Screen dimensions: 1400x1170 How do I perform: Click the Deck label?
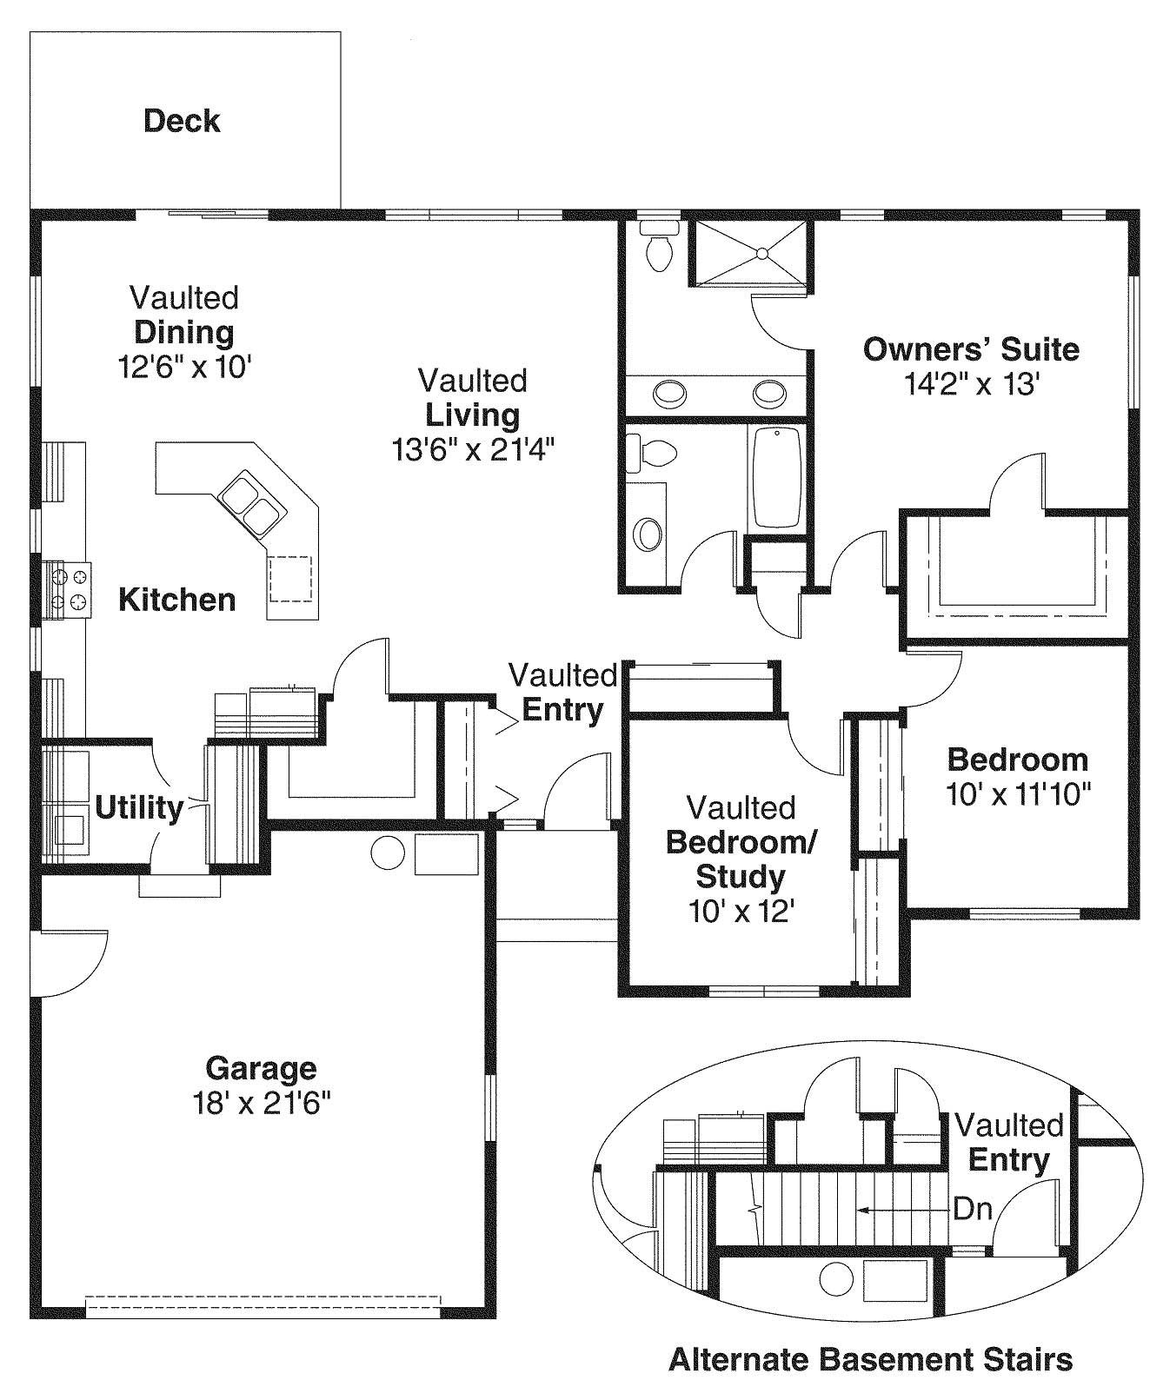coord(182,121)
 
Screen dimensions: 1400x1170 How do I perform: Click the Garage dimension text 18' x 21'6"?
coord(262,1103)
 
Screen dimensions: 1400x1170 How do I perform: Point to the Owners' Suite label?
coord(970,349)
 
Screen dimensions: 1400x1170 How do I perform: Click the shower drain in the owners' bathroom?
coord(761,254)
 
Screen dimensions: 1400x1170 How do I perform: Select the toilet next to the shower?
coord(660,245)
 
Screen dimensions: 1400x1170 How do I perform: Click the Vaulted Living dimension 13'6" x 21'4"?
coord(473,449)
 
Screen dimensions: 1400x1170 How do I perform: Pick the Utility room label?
coord(139,807)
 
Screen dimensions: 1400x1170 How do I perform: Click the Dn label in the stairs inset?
coord(973,1209)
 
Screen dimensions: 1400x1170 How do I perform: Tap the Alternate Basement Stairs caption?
coord(870,1358)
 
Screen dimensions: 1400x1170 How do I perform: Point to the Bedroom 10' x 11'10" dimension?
coord(1018,793)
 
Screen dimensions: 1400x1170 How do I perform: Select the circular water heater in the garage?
coord(388,853)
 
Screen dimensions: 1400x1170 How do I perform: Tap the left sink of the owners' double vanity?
coord(669,394)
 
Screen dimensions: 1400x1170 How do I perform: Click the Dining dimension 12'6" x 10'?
coord(184,366)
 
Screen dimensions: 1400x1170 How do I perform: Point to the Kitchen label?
coord(176,600)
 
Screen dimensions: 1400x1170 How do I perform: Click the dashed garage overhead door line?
coord(263,1304)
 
